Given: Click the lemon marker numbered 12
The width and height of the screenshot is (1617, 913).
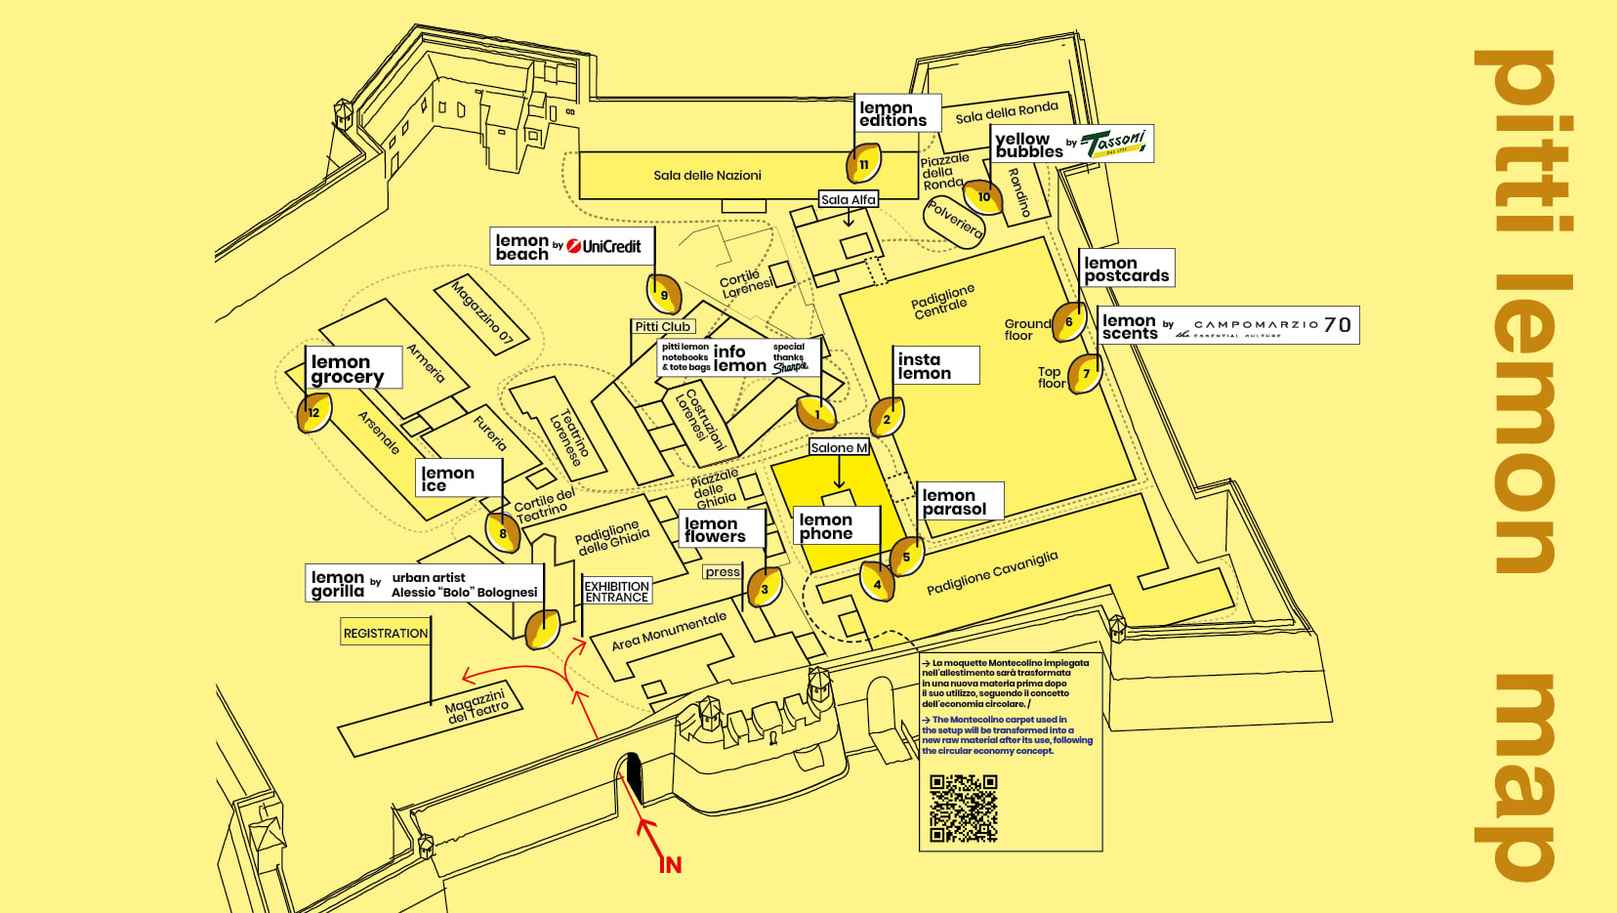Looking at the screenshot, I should pos(313,412).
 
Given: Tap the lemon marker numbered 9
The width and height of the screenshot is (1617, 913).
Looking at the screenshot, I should pos(664,295).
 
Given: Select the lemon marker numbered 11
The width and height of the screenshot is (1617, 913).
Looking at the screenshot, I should pos(863,164).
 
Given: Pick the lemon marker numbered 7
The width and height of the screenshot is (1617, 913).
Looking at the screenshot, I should pos(1085,374).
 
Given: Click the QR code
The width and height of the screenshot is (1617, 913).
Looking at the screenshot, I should pos(963,808).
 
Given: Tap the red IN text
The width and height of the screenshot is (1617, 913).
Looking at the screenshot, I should pos(670,864).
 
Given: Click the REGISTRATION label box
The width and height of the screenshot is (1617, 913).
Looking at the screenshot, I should pos(385,633).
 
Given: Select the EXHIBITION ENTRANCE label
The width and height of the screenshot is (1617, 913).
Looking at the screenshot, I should pos(616,592).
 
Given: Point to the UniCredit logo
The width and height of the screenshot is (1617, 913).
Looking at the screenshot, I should pos(603,246).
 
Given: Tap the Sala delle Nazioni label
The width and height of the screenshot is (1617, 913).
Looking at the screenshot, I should pos(707,176).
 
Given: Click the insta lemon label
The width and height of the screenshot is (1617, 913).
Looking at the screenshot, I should pos(934,365).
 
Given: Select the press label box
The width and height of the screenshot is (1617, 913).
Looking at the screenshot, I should pos(723,572).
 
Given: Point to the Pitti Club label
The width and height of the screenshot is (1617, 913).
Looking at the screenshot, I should pos(662,326).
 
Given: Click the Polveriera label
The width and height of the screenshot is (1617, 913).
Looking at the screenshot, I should pos(954,221).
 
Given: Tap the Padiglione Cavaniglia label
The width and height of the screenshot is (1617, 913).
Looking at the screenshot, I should pos(991,572).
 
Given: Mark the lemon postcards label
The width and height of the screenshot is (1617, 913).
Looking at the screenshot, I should pos(1126,269).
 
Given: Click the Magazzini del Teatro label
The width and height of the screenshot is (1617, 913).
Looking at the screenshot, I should pos(476,706).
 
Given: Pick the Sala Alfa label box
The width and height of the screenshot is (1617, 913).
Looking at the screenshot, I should pos(848,199).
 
